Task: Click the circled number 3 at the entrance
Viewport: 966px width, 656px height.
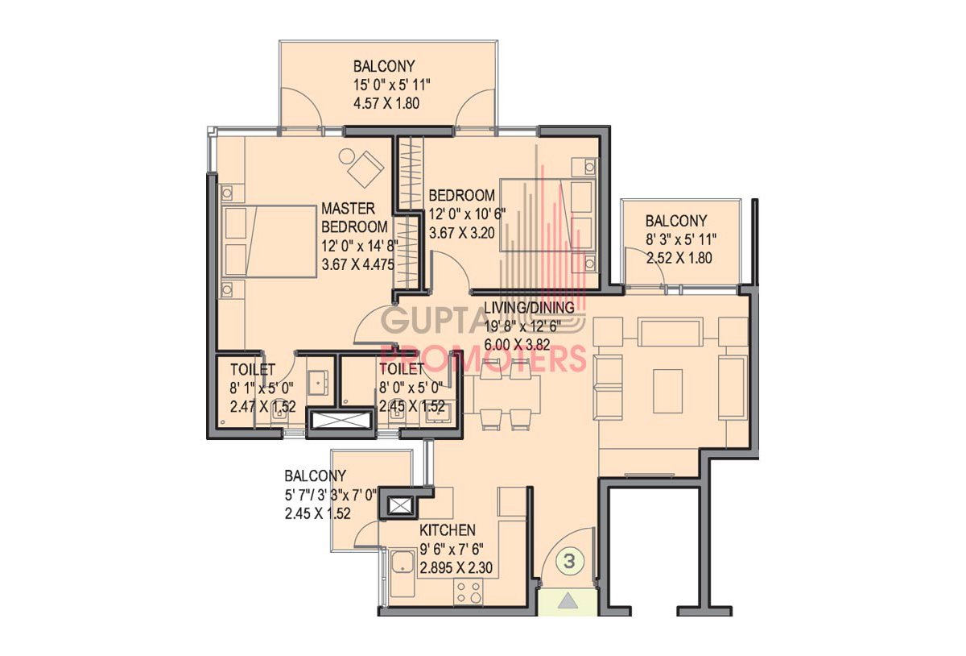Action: pyautogui.click(x=569, y=562)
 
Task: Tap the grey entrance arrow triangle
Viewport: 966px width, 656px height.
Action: pyautogui.click(x=568, y=600)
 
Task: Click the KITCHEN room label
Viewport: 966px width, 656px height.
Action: pyautogui.click(x=448, y=530)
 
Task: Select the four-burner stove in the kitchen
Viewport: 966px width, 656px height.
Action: pyautogui.click(x=468, y=592)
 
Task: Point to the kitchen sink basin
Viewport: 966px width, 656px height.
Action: pyautogui.click(x=402, y=563)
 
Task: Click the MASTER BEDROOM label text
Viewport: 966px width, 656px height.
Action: pyautogui.click(x=354, y=218)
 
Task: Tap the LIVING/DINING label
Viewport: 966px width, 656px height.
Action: pyautogui.click(x=529, y=308)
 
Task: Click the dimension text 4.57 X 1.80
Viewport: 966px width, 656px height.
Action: pyautogui.click(x=386, y=104)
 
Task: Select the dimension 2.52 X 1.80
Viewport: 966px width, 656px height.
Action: pyautogui.click(x=679, y=258)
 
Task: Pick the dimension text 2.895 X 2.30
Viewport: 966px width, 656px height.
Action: pyautogui.click(x=456, y=567)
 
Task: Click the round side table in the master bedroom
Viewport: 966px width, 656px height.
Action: pyautogui.click(x=347, y=156)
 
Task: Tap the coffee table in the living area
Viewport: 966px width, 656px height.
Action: pyautogui.click(x=667, y=392)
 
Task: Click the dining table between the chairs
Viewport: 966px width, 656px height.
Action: pyautogui.click(x=506, y=394)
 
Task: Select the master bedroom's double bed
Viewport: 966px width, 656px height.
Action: pyautogui.click(x=270, y=241)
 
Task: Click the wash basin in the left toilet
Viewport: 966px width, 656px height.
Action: pyautogui.click(x=318, y=383)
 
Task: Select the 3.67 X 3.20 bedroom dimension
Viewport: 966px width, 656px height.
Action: pyautogui.click(x=461, y=233)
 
